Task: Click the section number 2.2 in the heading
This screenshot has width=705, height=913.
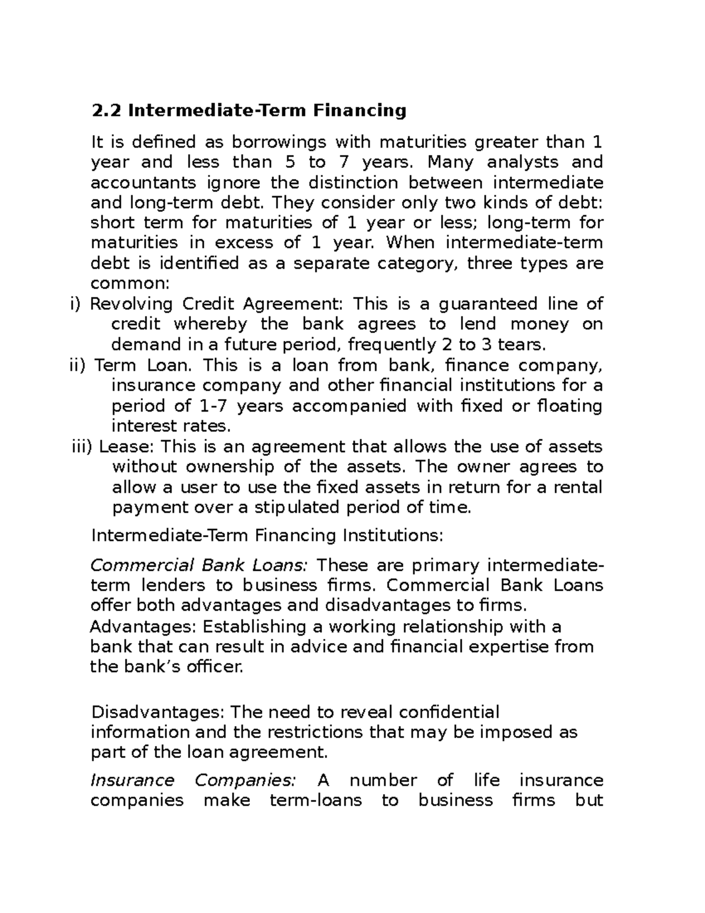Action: [107, 110]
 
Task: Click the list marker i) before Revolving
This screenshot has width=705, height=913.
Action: [74, 304]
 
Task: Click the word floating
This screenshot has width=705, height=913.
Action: [570, 406]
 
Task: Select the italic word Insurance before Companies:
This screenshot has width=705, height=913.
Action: [132, 780]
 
